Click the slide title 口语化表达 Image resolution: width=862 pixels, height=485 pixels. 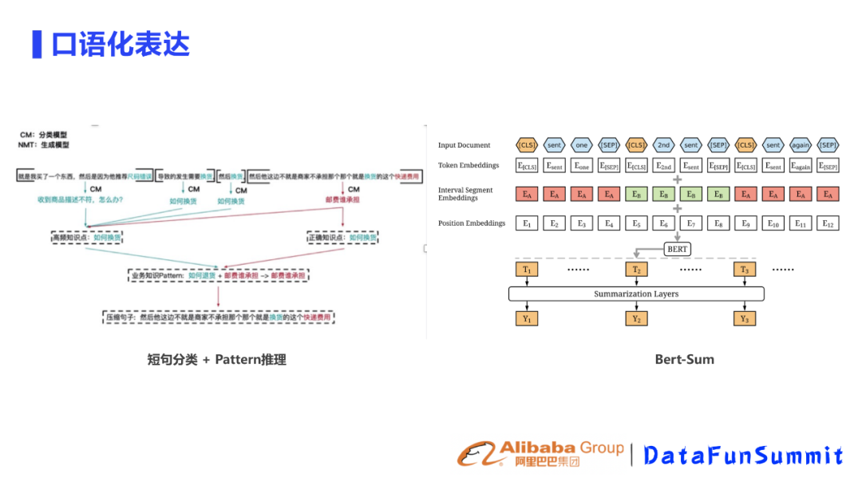(x=120, y=45)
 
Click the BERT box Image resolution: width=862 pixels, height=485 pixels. (x=677, y=249)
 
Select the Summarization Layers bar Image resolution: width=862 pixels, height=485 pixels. (x=636, y=294)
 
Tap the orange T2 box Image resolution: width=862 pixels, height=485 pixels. (x=636, y=270)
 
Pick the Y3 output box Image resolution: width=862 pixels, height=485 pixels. (x=744, y=319)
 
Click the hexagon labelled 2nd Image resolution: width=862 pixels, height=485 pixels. (x=663, y=144)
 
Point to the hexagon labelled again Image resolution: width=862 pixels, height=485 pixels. (x=801, y=144)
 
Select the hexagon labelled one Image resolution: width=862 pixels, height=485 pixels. (x=581, y=144)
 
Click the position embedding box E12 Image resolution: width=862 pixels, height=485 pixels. (x=828, y=223)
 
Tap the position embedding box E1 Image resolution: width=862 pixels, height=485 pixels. (x=527, y=223)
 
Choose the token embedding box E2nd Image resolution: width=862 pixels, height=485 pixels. (x=663, y=166)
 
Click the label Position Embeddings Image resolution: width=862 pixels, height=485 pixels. (x=472, y=223)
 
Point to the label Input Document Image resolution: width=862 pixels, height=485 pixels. (x=465, y=145)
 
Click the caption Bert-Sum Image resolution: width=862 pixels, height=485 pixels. (x=684, y=360)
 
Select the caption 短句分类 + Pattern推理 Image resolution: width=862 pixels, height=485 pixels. (x=217, y=360)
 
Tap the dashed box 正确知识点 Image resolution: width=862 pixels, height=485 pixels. (x=342, y=237)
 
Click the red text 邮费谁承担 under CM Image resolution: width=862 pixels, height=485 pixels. (x=342, y=199)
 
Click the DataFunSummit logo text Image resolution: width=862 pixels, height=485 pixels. (x=743, y=455)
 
